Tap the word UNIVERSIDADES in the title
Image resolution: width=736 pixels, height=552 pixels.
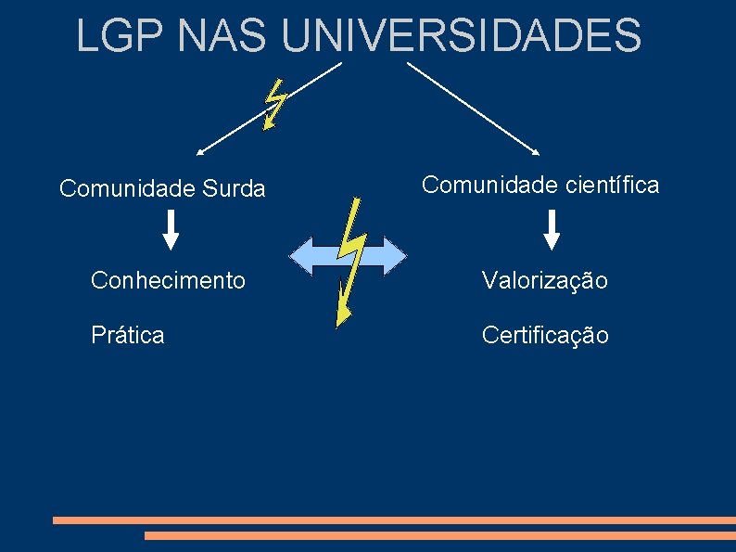[461, 35]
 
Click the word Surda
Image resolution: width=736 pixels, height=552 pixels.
[232, 189]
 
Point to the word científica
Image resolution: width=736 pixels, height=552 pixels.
[612, 185]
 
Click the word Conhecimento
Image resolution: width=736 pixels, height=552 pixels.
[168, 279]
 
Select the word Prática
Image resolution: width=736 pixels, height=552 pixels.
[127, 335]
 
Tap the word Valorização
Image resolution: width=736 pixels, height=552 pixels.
[544, 280]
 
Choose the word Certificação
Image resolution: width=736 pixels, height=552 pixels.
[545, 335]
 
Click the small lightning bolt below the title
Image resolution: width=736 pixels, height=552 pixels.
[274, 103]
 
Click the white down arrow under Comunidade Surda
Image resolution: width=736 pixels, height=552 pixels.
[171, 230]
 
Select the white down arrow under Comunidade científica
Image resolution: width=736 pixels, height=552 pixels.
[552, 230]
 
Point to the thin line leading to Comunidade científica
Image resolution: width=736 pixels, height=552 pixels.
[473, 107]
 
